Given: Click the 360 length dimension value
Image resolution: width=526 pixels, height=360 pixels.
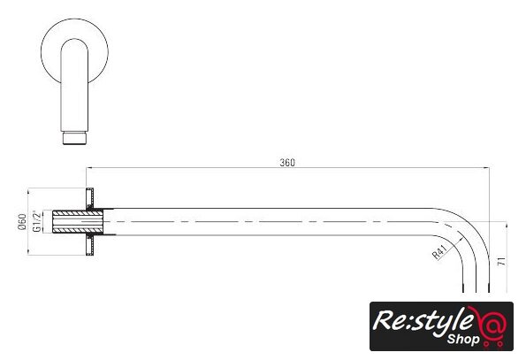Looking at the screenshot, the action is click(x=287, y=163).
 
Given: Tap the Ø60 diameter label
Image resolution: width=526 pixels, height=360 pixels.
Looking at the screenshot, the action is click(x=22, y=222).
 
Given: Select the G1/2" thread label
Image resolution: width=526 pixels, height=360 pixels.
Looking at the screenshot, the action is click(x=37, y=221).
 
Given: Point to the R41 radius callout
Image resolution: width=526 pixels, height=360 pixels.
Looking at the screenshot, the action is click(x=439, y=251).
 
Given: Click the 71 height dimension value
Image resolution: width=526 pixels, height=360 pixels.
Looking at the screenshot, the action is click(x=501, y=261).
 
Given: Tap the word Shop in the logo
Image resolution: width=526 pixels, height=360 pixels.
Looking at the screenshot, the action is click(x=463, y=339).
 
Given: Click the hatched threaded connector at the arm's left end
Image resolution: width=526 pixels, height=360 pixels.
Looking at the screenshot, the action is click(x=78, y=221).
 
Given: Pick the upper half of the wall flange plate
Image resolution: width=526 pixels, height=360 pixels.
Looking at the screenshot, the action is click(x=89, y=198).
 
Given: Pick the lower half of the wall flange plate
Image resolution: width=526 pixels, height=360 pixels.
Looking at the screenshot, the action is click(x=90, y=245).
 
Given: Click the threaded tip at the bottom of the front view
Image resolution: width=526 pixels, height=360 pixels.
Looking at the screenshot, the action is click(x=75, y=138).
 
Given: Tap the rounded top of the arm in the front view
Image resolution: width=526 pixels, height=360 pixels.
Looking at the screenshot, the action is click(x=74, y=43).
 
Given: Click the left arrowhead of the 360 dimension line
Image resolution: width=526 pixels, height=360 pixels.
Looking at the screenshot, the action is click(x=90, y=167).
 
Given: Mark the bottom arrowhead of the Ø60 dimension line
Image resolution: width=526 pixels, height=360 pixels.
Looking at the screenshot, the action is click(x=27, y=251).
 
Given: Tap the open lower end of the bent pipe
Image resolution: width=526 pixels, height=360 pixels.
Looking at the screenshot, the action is click(x=476, y=291).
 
